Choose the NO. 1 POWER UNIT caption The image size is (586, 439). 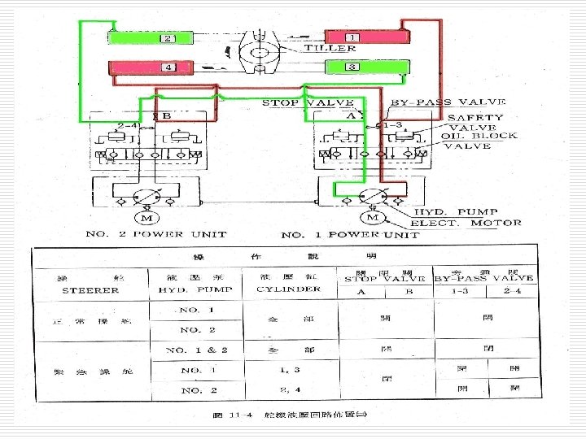pos(350,235)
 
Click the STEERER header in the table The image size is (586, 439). pos(90,290)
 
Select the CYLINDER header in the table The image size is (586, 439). pos(289,289)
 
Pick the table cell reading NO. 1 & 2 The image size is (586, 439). pos(195,350)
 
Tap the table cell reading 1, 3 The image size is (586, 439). pos(290,371)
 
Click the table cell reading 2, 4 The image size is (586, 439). pos(290,390)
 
